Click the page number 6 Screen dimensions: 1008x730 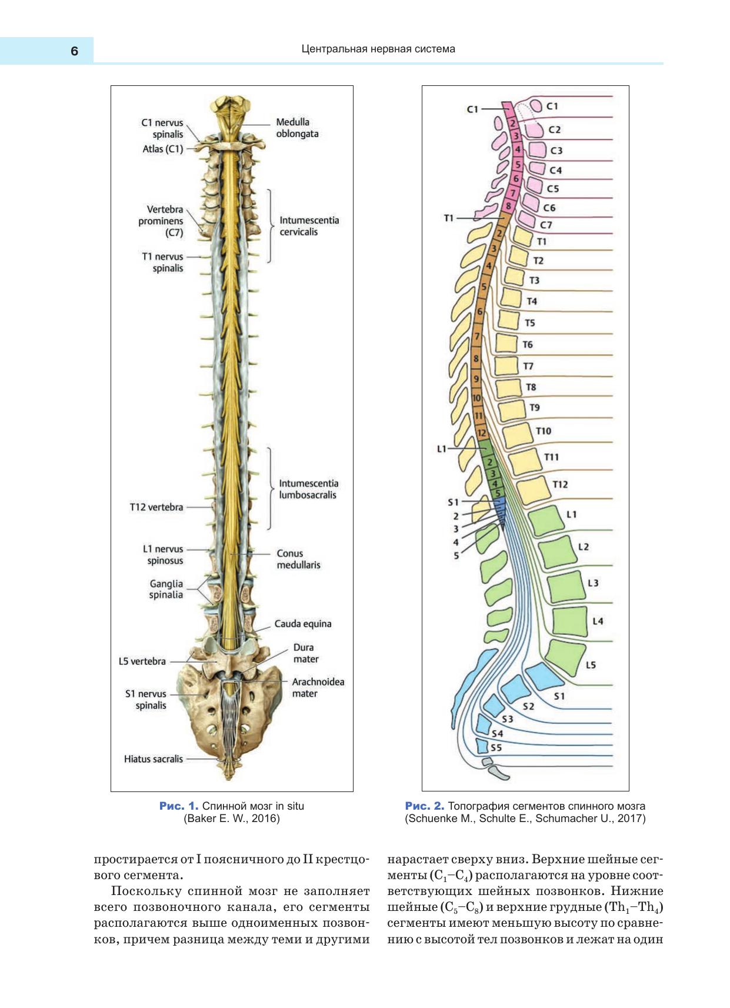(x=74, y=51)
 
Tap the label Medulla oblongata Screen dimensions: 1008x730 (x=297, y=128)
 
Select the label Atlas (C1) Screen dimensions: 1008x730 (x=162, y=149)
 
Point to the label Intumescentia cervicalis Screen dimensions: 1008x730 (x=309, y=226)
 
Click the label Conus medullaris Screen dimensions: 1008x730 (x=298, y=559)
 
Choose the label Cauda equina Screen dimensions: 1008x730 (x=303, y=624)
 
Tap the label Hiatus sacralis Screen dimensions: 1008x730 (x=153, y=759)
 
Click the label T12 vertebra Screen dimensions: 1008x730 (x=156, y=507)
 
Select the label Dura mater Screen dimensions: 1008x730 (x=305, y=653)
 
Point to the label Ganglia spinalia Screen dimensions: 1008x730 (x=166, y=589)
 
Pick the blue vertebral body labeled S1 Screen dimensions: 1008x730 (x=542, y=676)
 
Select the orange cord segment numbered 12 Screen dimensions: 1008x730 (x=482, y=433)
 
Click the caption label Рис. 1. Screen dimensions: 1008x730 (x=178, y=806)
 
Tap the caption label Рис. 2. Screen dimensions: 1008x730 (x=424, y=806)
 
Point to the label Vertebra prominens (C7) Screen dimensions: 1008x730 (x=161, y=221)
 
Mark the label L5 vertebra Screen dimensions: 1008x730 (x=142, y=661)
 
